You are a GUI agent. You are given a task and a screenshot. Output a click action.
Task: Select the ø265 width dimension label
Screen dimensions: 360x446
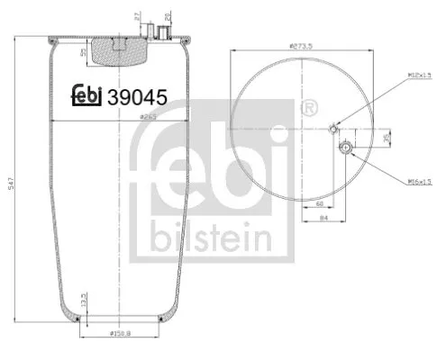[149, 116]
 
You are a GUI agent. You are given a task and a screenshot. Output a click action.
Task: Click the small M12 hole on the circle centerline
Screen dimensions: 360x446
[333, 128]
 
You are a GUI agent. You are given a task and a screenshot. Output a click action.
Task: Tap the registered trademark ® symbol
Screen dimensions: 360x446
[311, 108]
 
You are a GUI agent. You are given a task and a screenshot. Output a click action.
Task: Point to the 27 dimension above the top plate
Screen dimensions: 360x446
[136, 16]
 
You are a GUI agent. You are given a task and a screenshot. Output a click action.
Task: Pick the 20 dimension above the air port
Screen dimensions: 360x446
[169, 16]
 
